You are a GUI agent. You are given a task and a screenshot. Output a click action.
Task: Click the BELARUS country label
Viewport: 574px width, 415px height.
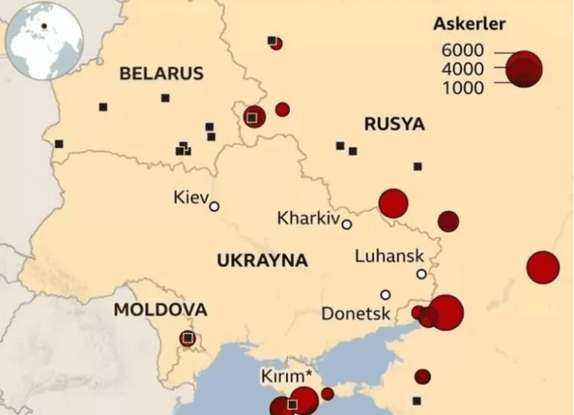161,74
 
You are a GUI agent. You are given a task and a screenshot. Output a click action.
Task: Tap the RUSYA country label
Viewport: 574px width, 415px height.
394,124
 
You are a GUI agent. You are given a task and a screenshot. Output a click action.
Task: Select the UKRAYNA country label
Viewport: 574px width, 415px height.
262,261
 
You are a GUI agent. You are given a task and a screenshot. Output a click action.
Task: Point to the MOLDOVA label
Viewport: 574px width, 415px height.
161,310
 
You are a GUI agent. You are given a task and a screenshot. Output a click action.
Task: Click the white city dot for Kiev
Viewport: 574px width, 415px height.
214,206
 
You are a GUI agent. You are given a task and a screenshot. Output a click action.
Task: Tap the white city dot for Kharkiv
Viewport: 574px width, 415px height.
347,225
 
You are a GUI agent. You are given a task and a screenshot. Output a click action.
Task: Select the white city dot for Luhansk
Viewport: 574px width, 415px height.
421,274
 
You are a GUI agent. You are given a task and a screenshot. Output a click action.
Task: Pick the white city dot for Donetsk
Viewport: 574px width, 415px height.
385,295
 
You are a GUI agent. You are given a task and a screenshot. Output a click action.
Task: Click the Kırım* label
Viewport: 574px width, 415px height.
286,377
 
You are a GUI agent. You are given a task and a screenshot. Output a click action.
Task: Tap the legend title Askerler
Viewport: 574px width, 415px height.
469,24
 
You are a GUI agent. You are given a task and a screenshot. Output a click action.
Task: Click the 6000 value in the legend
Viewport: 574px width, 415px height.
462,51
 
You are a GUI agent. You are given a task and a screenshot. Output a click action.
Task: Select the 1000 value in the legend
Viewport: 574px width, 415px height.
462,88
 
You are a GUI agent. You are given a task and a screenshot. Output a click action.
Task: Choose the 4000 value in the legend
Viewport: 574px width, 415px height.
462,70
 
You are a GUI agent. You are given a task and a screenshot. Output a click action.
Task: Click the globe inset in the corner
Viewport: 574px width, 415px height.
43,40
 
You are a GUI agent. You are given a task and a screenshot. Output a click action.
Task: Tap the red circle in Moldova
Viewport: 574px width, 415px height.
187,339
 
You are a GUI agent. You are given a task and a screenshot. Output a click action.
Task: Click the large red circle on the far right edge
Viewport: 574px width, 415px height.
542,268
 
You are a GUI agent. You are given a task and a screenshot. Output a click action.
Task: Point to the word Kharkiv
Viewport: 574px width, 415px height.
309,219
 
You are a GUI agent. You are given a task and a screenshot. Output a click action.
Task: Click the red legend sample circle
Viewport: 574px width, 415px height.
525,69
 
